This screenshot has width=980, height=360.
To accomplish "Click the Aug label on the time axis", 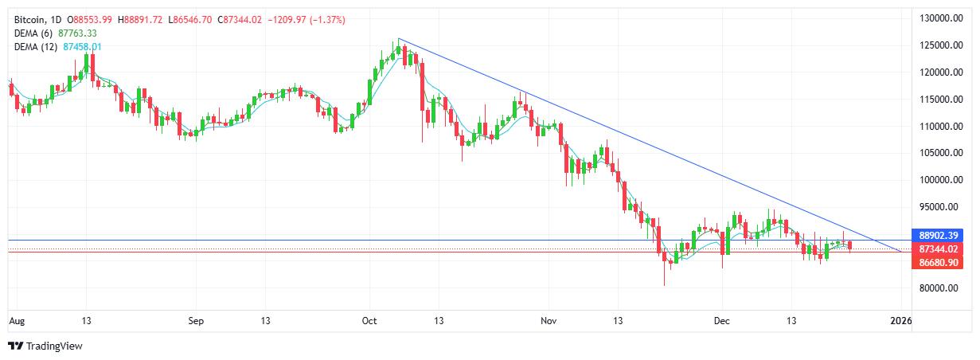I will click(16, 321).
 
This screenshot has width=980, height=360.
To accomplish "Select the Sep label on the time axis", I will click(197, 321).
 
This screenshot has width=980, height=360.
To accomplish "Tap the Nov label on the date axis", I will click(549, 321).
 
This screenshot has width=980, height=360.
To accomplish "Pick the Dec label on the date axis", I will click(722, 321).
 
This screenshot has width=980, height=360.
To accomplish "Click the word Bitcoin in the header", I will click(29, 18).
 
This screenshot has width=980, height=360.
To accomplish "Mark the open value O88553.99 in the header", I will click(89, 18).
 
